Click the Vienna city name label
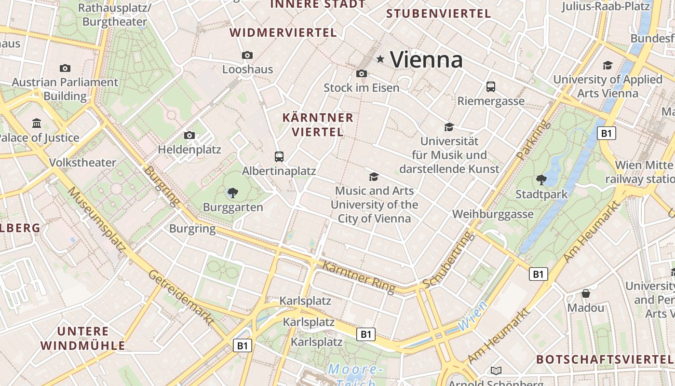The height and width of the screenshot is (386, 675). click(x=426, y=60)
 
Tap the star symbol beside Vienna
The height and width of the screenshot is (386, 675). click(x=380, y=59)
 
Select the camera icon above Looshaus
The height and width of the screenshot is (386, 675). click(x=247, y=55)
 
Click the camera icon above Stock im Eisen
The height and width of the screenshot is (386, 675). click(x=361, y=74)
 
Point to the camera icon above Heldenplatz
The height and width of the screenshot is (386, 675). click(x=189, y=136)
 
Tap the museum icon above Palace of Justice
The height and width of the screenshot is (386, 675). click(x=37, y=124)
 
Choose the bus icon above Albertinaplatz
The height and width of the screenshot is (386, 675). click(x=279, y=156)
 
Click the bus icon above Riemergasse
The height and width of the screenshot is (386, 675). click(x=490, y=87)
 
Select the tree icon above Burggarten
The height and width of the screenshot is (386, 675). click(x=232, y=193)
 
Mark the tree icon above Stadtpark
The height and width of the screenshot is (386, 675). click(x=541, y=180)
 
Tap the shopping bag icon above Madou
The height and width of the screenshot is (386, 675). click(x=585, y=293)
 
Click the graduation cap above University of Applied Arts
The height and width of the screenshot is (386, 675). click(x=607, y=65)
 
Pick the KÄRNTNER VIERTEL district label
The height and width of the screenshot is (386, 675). click(x=318, y=124)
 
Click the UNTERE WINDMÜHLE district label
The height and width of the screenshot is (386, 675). click(x=83, y=338)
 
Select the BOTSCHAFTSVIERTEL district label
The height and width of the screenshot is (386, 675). click(x=604, y=359)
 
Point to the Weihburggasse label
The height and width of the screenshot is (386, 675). click(x=493, y=214)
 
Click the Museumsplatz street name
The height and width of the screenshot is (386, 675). click(x=96, y=219)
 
